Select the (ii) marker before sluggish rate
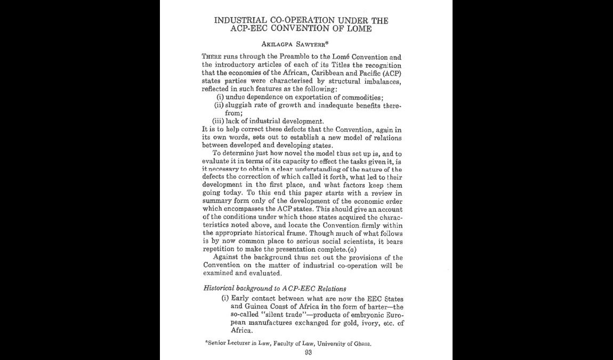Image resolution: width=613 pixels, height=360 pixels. pyautogui.click(x=218, y=105)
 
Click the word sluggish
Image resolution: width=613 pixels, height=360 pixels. pyautogui.click(x=241, y=105)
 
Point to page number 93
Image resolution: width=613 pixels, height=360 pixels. pyautogui.click(x=308, y=352)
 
